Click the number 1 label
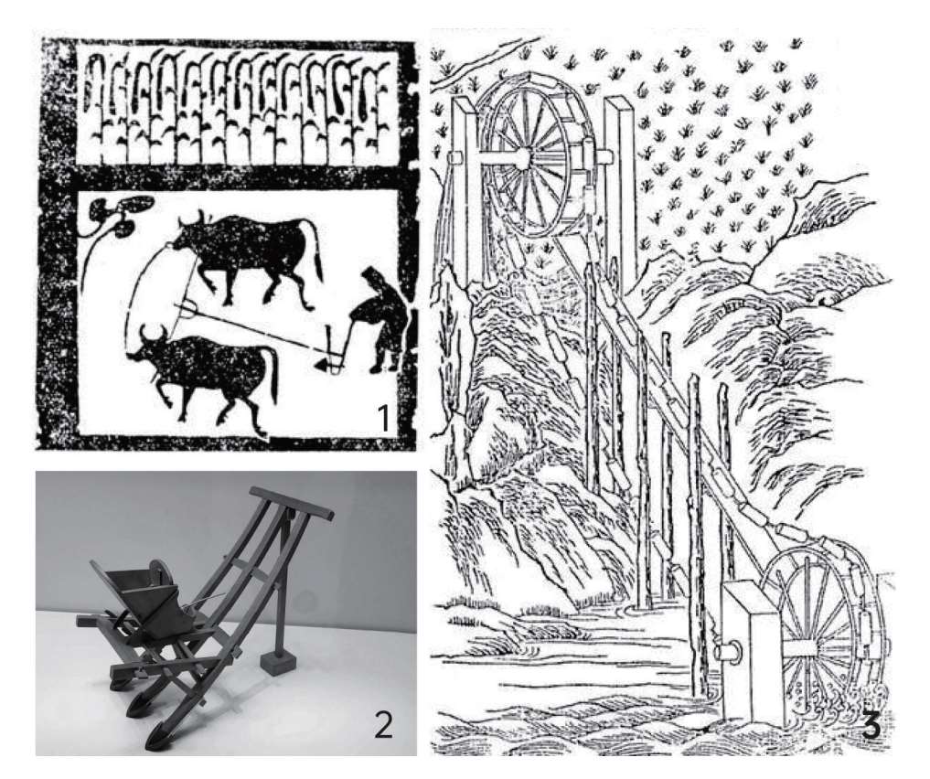(x=384, y=417)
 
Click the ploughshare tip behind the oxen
(x=321, y=366)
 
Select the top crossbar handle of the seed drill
(x=291, y=503)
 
